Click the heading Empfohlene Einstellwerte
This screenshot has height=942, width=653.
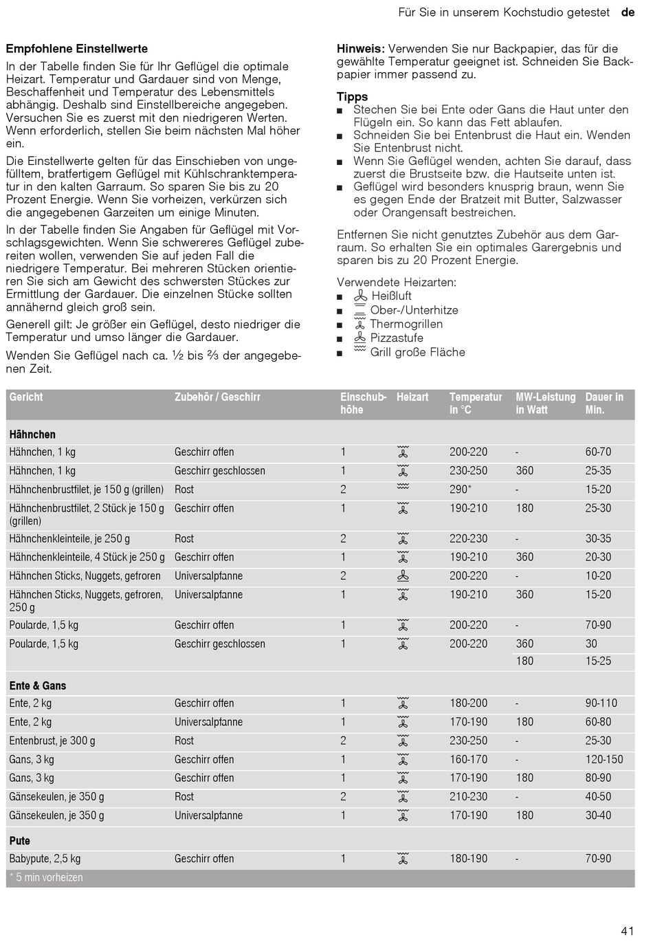[x=77, y=49]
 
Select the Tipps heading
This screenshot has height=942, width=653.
[x=352, y=97]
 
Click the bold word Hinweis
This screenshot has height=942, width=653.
[x=359, y=49]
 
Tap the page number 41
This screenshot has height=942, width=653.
[x=627, y=931]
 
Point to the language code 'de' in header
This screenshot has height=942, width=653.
[x=628, y=12]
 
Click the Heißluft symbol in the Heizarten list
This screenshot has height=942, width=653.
[x=360, y=296]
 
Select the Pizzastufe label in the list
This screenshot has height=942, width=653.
[x=397, y=338]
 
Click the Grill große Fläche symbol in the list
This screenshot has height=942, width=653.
[x=360, y=351]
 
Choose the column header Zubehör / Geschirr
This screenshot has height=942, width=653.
[x=217, y=397]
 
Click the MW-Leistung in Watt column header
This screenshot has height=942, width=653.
[x=545, y=403]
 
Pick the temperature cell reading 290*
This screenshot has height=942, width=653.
[x=460, y=490]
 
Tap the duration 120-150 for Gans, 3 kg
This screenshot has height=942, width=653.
[x=604, y=759]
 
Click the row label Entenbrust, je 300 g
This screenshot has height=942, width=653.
[x=52, y=741]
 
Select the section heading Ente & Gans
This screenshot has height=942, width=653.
[x=38, y=686]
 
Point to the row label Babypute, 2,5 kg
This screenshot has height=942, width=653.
[x=45, y=858]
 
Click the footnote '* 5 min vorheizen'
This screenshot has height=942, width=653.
[x=46, y=877]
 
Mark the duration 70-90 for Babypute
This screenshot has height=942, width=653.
[x=598, y=858]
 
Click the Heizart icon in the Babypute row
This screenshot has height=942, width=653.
[x=403, y=858]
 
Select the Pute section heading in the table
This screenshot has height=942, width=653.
[x=20, y=840]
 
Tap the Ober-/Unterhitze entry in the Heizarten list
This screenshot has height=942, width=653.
[x=414, y=310]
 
